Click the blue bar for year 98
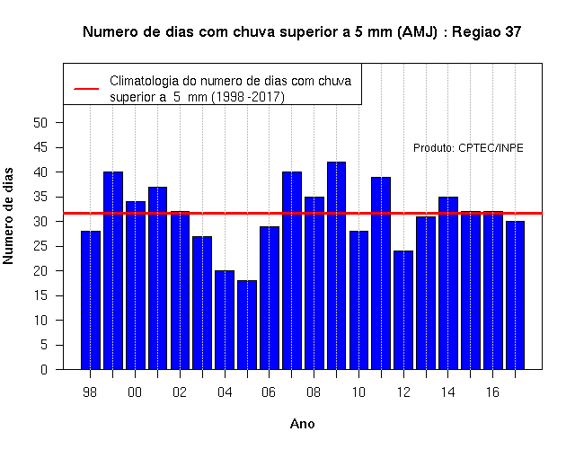pos(91,300)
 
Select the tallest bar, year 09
pos(336,266)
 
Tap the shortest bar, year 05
pos(247,325)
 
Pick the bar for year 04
pos(225,320)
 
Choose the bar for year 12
pos(403,310)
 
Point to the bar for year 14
pos(448,283)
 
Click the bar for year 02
pos(180,290)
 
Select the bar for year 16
pos(493,290)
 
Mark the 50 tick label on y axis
pos(40,123)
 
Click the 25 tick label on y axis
pos(40,246)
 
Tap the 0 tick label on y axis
pos(44,369)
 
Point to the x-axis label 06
pos(269,392)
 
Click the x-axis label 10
pos(358,392)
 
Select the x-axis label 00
pos(135,392)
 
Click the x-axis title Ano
pos(302,424)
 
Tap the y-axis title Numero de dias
pos(8,216)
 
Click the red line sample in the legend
pos(86,89)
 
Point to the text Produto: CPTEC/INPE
pos(468,147)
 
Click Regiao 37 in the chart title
pos(486,32)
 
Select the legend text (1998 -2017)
pos(248,97)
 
